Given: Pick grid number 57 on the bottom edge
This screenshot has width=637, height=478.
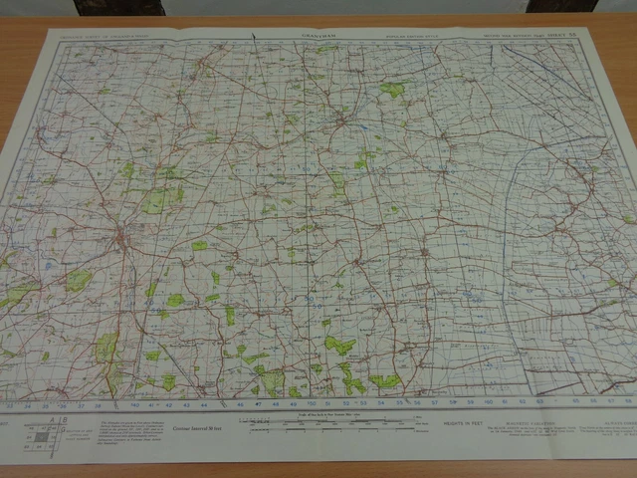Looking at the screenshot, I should pyautogui.click(x=436, y=403).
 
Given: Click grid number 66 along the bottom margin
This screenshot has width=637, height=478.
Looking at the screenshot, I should pyautogui.click(x=593, y=400).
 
